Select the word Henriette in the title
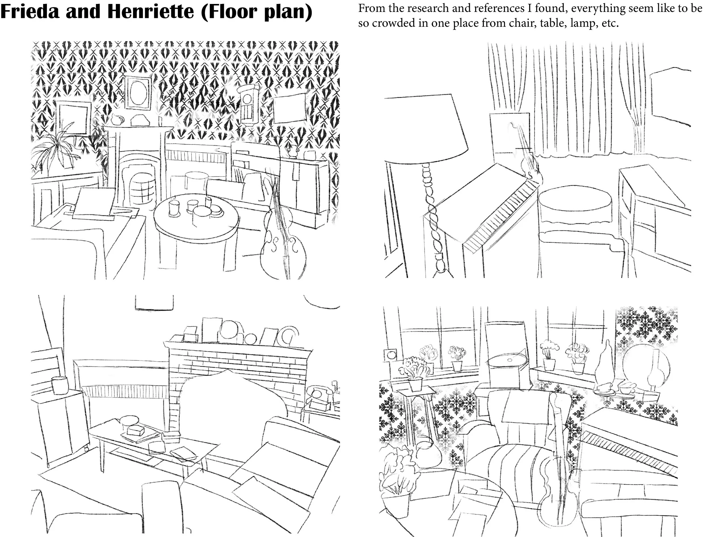click(x=151, y=12)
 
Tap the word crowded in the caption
click(x=394, y=24)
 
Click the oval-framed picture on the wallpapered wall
click(x=138, y=92)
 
